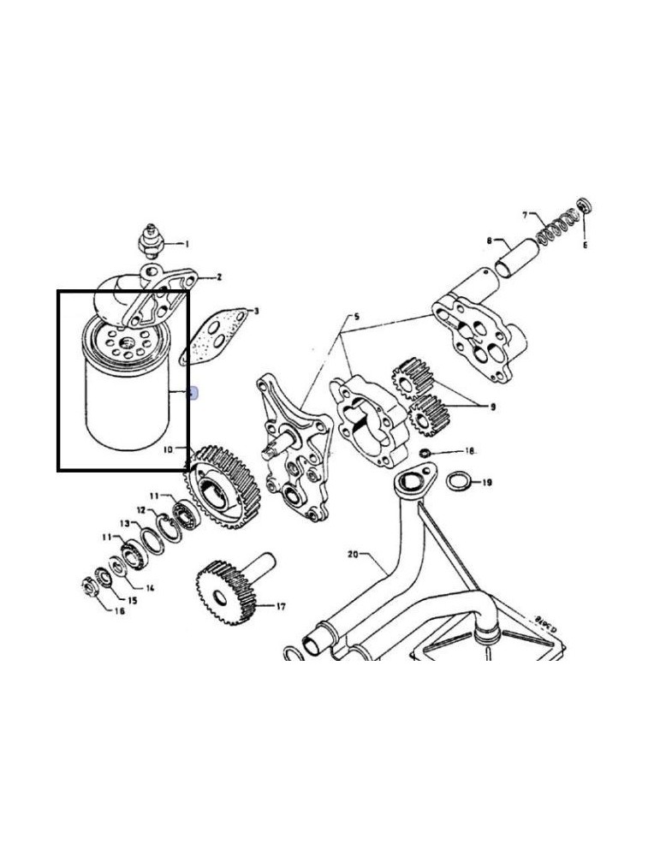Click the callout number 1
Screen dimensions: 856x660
pyautogui.click(x=187, y=244)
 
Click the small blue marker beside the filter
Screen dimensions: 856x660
pyautogui.click(x=193, y=394)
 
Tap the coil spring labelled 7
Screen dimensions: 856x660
pyautogui.click(x=557, y=227)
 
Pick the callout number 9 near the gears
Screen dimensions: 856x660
pyautogui.click(x=492, y=407)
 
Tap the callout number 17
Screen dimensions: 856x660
pyautogui.click(x=281, y=606)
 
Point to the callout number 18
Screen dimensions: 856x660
pyautogui.click(x=469, y=450)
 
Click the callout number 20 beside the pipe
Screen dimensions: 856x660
pyautogui.click(x=352, y=555)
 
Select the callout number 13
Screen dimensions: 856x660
pyautogui.click(x=124, y=523)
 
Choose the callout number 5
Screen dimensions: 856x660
pyautogui.click(x=356, y=317)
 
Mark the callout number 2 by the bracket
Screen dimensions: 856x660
pyautogui.click(x=218, y=276)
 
